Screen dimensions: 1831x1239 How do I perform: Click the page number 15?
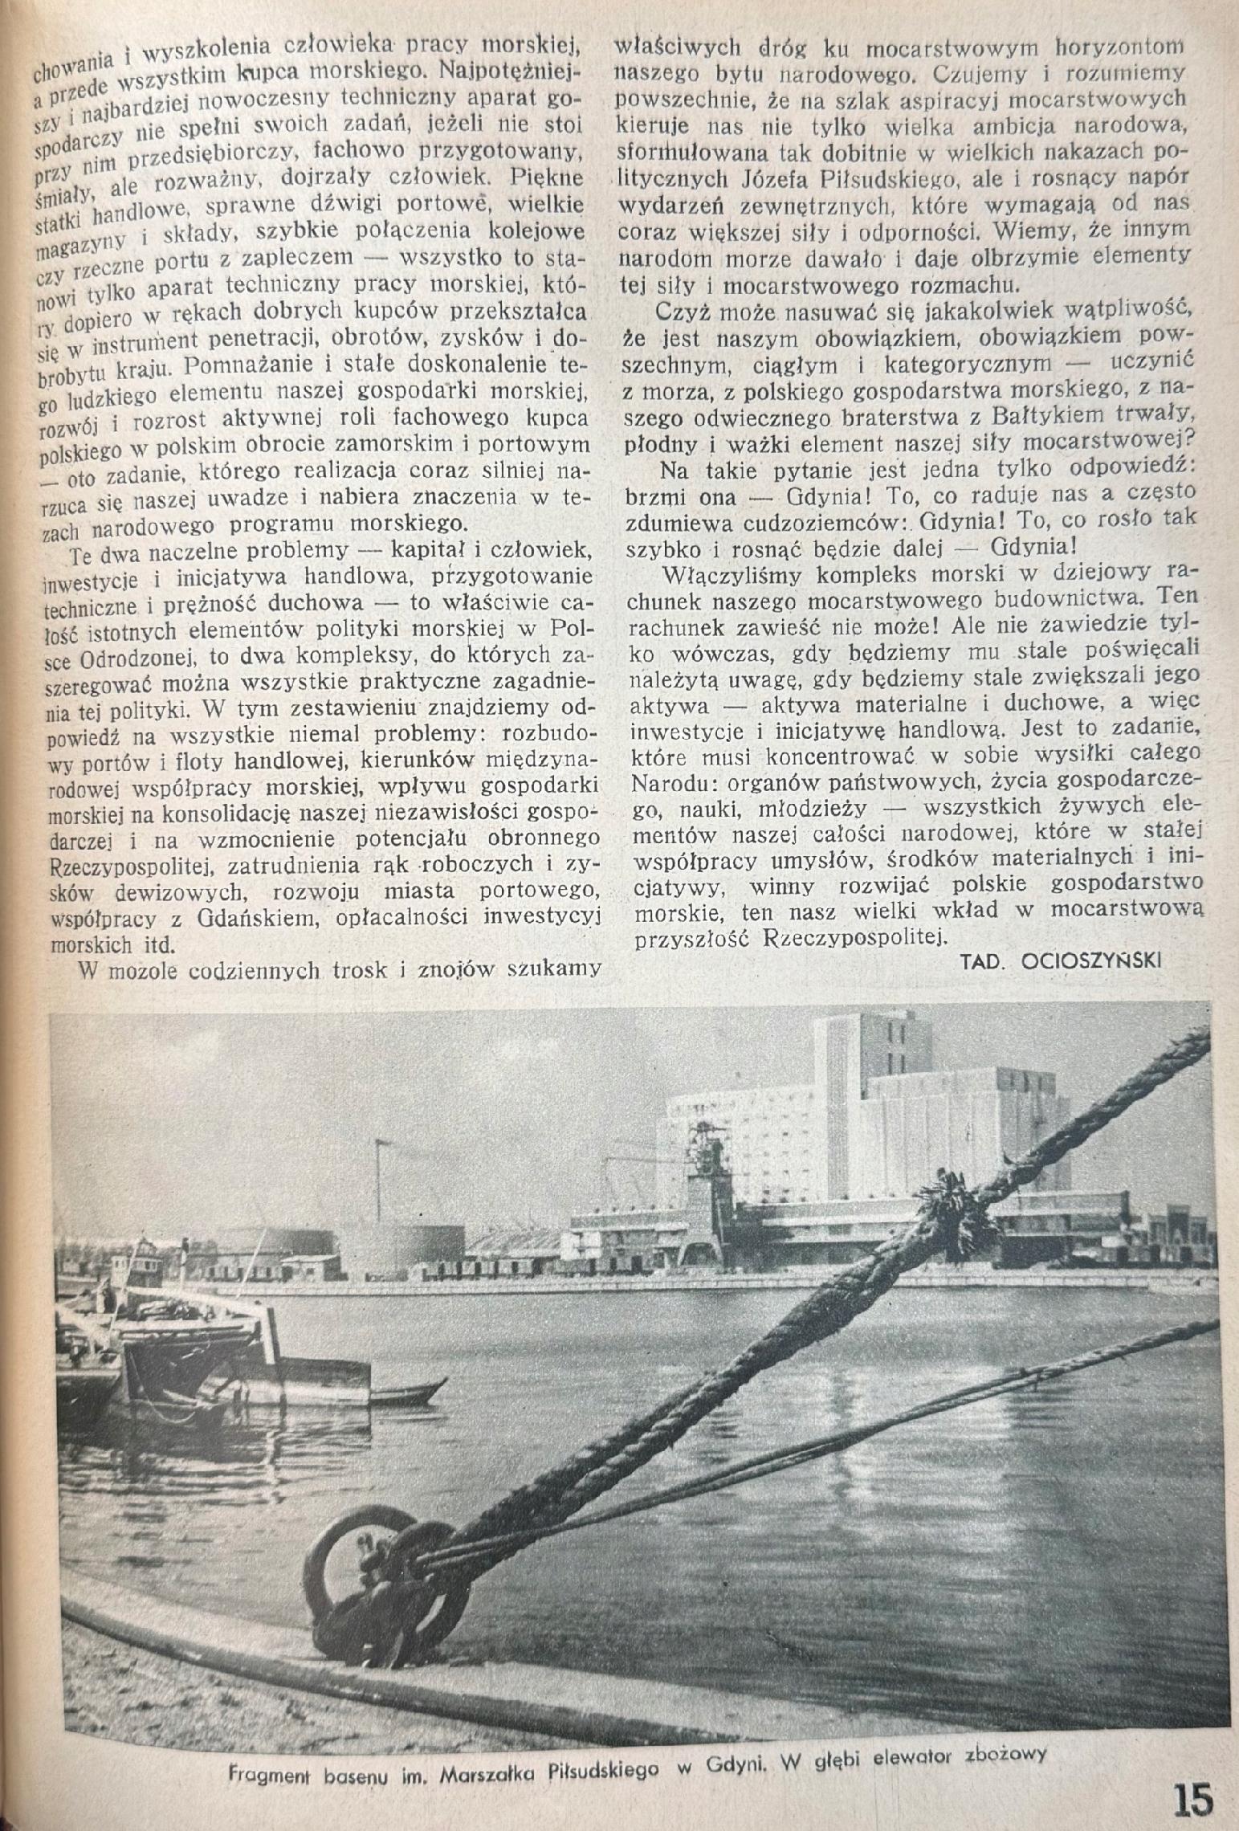click(x=1193, y=1799)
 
